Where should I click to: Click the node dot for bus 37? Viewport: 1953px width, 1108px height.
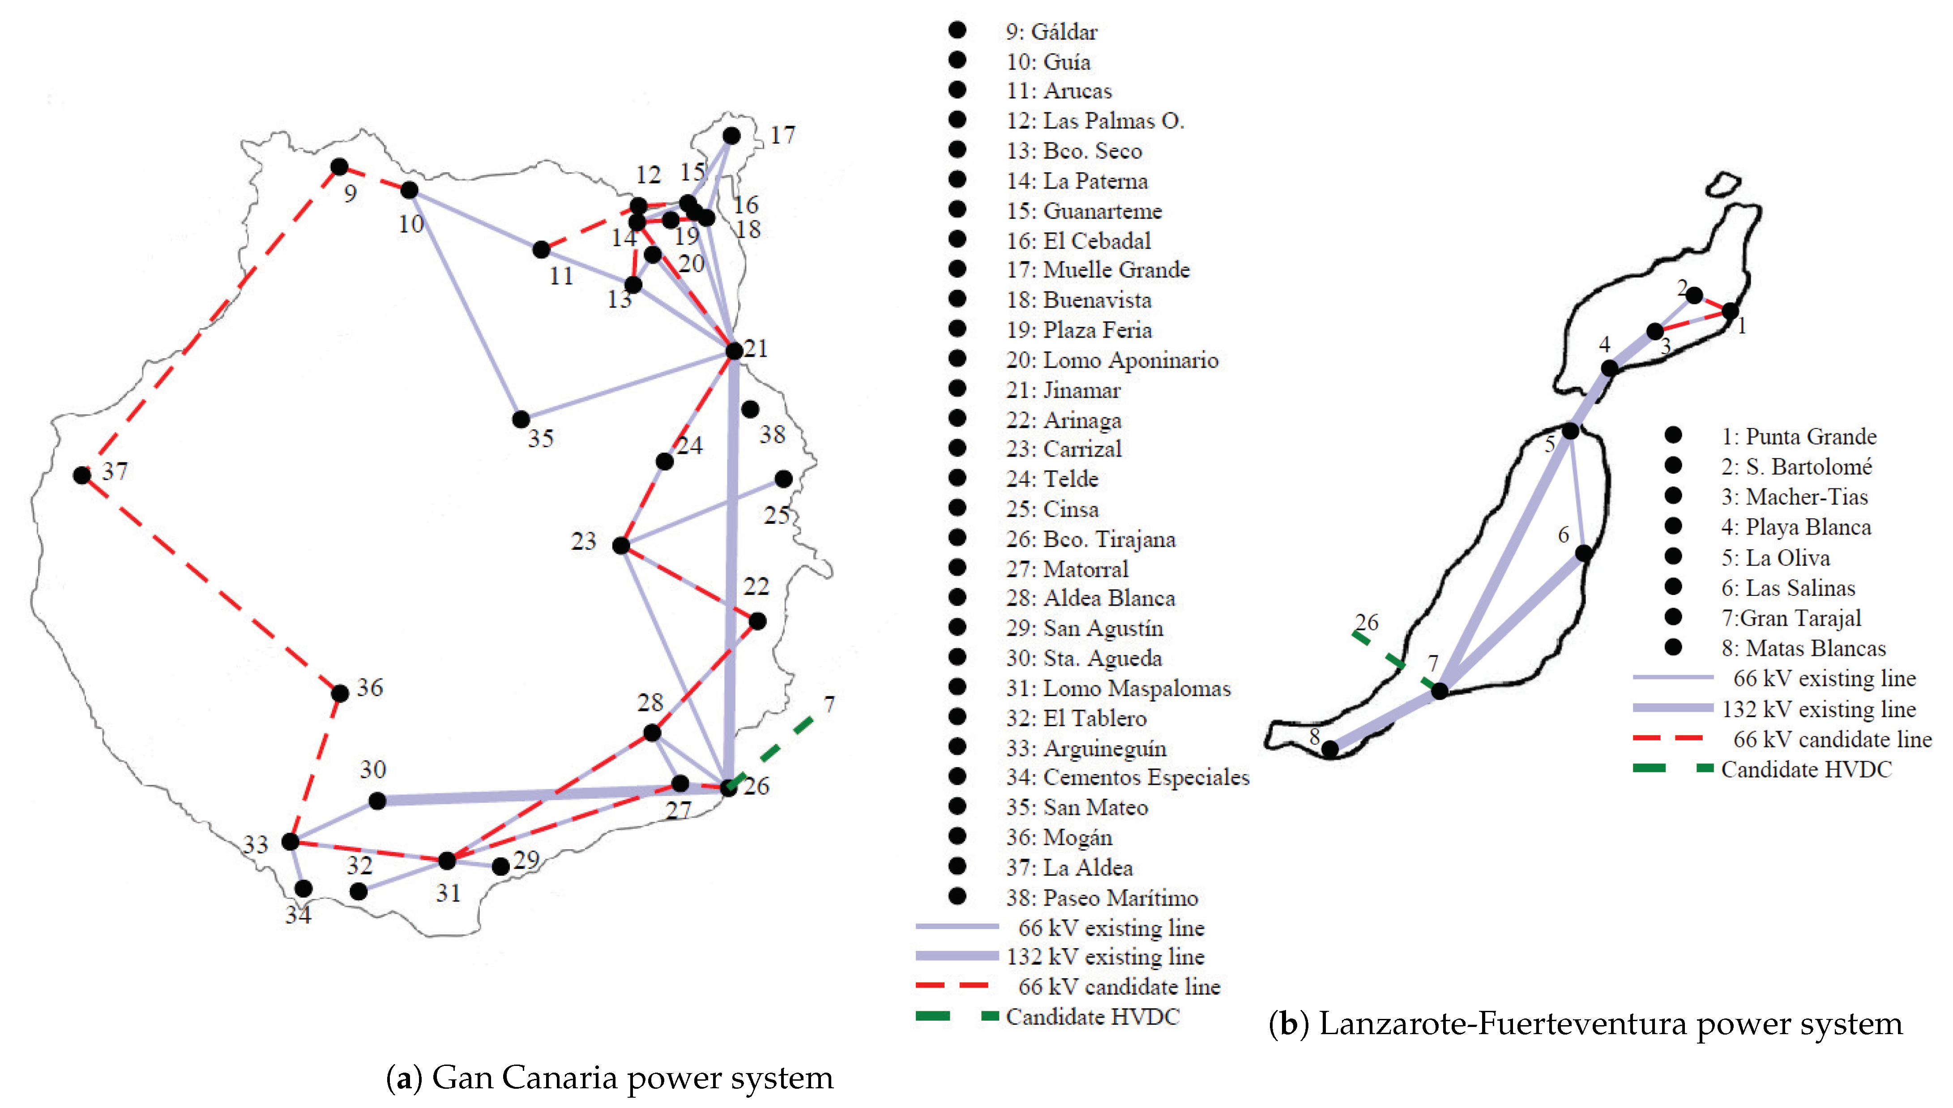coord(82,475)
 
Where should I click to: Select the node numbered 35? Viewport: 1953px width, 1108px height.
coord(521,419)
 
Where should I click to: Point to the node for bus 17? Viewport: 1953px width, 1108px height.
coord(731,136)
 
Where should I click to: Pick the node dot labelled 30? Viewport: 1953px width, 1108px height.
coord(376,800)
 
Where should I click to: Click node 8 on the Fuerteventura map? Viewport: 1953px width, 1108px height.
coord(1329,749)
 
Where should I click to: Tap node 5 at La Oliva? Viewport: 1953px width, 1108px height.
coord(1570,431)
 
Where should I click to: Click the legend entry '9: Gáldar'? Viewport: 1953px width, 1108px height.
coord(1051,32)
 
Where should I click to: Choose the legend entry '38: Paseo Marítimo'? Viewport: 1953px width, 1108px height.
coord(1102,898)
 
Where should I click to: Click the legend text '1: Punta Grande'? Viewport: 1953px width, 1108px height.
coord(1799,437)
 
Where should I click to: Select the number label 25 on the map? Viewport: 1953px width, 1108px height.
coord(777,515)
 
